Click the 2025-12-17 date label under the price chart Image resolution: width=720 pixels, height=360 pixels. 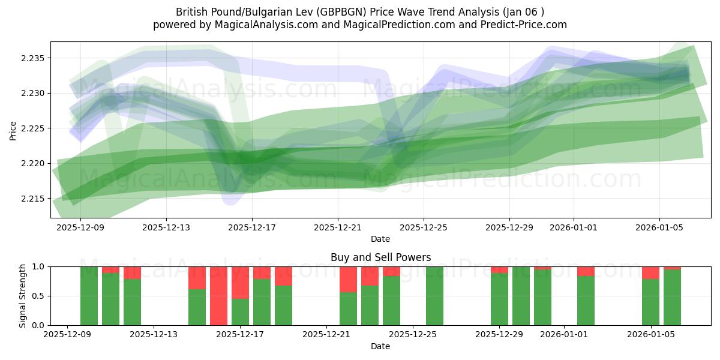click(x=252, y=227)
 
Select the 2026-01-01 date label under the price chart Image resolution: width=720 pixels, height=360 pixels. click(x=573, y=227)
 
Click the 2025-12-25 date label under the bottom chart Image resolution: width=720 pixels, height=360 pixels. click(x=413, y=334)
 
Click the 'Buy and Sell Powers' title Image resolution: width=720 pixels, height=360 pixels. click(x=380, y=257)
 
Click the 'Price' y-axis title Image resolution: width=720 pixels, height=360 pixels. click(x=13, y=130)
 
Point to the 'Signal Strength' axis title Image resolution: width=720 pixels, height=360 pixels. click(x=22, y=296)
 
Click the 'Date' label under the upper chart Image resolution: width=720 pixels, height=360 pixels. click(x=380, y=239)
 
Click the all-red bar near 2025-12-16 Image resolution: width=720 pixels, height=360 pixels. click(x=218, y=296)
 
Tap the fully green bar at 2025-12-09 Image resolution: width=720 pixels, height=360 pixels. click(x=89, y=296)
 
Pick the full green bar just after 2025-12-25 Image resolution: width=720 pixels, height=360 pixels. click(x=434, y=296)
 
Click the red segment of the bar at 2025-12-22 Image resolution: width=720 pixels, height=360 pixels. click(x=348, y=279)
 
